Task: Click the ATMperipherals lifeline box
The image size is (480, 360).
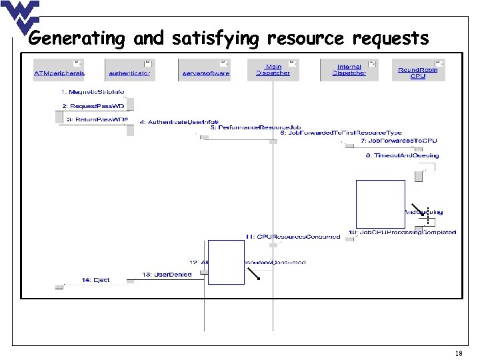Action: [59, 70]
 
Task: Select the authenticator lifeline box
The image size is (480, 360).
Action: [130, 70]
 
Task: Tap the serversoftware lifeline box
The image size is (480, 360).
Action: [205, 70]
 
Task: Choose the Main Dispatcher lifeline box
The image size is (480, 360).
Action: [273, 70]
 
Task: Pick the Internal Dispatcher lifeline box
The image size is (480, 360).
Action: [349, 70]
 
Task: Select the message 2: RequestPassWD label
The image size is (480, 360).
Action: [93, 106]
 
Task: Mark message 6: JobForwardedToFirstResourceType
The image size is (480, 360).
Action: [341, 133]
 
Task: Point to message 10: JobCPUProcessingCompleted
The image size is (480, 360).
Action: [402, 233]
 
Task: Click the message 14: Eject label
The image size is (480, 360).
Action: [95, 279]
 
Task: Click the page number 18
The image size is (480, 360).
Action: [458, 353]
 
